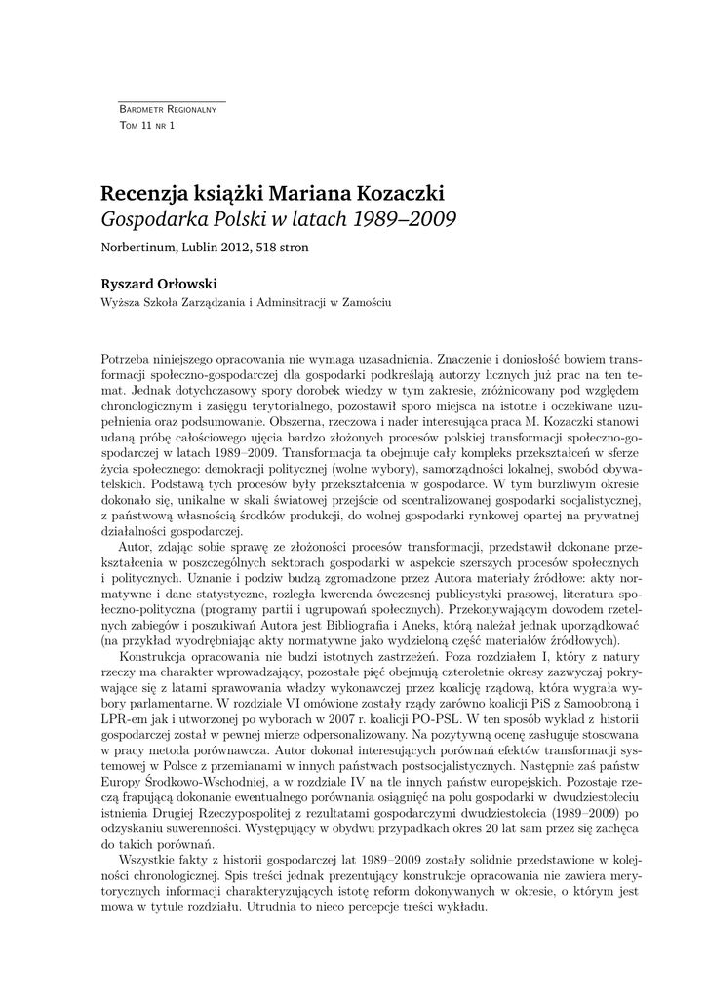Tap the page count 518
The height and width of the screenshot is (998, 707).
(266, 248)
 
